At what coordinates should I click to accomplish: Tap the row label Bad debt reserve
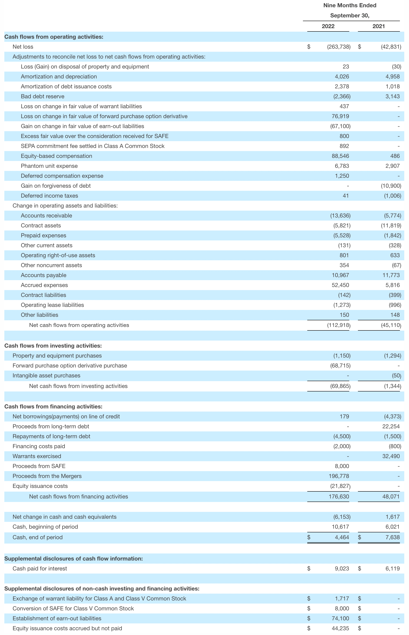pos(43,96)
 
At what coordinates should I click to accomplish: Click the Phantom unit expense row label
pos(49,166)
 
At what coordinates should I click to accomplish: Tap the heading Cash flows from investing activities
pos(53,346)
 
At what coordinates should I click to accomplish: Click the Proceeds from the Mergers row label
pos(47,476)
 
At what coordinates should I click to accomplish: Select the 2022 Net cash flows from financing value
pos(339,497)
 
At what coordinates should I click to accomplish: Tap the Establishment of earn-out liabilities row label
pos(57,618)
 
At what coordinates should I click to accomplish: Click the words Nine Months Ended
pos(350,5)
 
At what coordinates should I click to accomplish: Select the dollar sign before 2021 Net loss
pos(359,47)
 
